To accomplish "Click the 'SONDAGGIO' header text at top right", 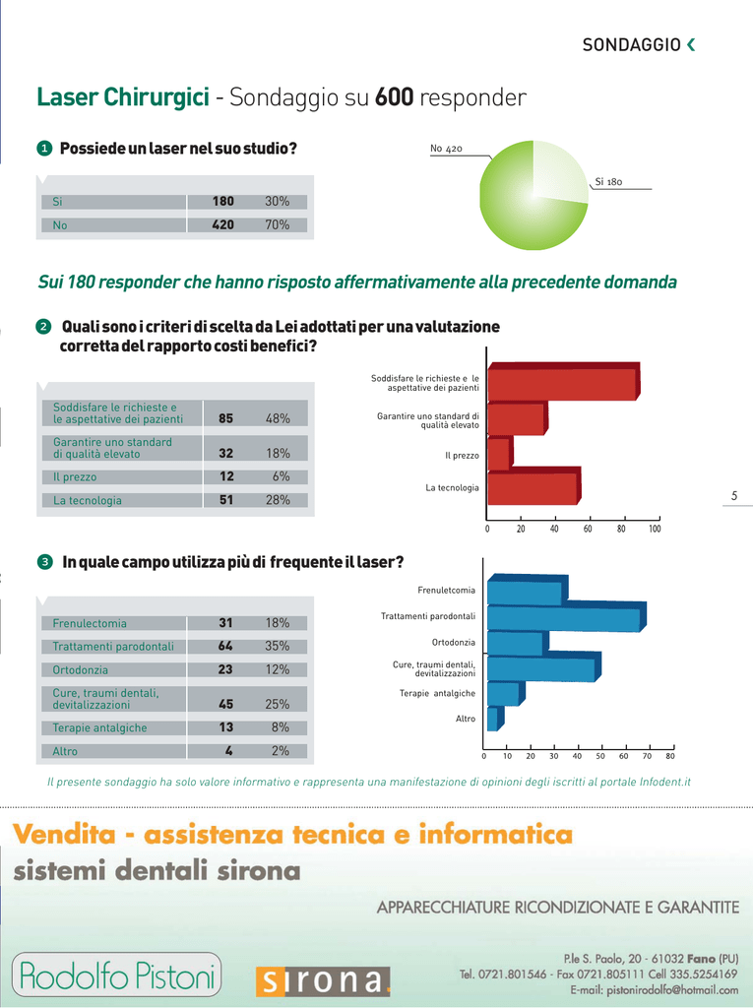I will click(x=631, y=45).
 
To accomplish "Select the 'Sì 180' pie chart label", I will click(x=608, y=182).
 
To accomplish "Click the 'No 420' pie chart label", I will click(x=446, y=149).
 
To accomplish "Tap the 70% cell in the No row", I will click(x=277, y=225).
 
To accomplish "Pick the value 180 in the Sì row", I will click(x=223, y=202).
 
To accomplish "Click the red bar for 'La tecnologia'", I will click(x=533, y=488).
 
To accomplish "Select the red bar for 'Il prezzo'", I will click(x=499, y=454).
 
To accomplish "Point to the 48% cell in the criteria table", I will click(x=278, y=418).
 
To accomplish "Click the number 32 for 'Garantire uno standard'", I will click(x=225, y=454).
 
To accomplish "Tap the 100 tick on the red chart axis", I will click(x=655, y=530).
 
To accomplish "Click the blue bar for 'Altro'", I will click(x=493, y=720).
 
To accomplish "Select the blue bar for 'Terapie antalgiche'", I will click(x=502, y=694).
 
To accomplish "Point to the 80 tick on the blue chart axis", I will click(x=670, y=757).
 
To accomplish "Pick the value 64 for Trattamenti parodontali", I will click(x=226, y=647).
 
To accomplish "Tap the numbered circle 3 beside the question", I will click(x=44, y=563).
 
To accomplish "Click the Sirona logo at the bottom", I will click(x=323, y=981).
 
